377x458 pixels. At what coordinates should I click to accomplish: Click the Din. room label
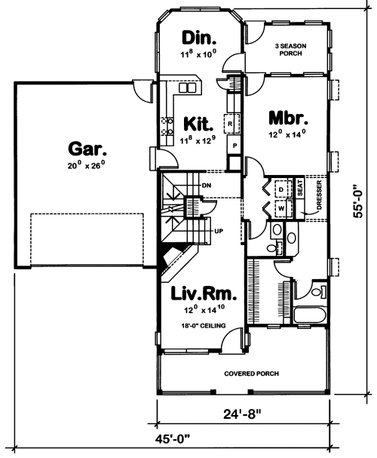click(199, 38)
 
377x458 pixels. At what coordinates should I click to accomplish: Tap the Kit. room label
click(198, 124)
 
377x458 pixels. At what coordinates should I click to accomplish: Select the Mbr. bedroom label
click(288, 118)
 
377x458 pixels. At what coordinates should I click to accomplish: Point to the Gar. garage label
click(87, 149)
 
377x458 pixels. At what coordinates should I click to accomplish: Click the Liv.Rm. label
click(204, 294)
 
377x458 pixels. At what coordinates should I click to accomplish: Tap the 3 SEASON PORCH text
click(290, 50)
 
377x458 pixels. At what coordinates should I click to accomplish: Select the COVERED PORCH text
click(251, 373)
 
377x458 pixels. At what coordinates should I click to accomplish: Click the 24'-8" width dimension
click(242, 414)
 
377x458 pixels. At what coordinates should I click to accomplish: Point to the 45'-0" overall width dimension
click(172, 438)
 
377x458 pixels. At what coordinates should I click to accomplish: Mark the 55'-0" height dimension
click(357, 201)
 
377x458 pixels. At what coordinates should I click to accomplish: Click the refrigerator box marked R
click(231, 124)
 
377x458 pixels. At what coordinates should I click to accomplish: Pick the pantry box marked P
click(234, 145)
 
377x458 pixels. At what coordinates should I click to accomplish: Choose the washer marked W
click(283, 208)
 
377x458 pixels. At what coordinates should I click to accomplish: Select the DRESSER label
click(319, 195)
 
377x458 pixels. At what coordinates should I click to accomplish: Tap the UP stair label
click(219, 231)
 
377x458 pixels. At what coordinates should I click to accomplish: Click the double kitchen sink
click(188, 88)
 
